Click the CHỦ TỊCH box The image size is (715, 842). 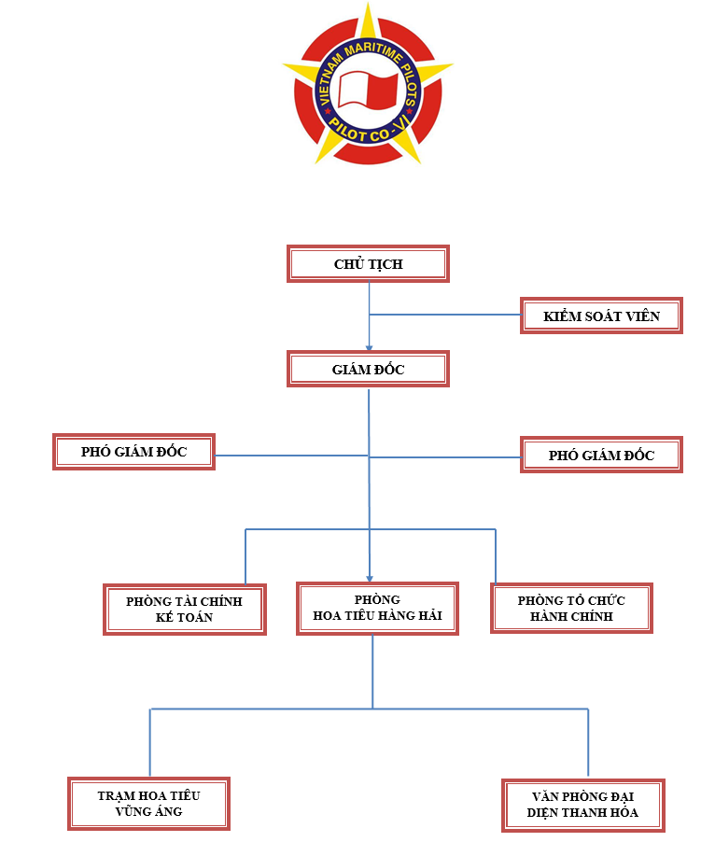coord(368,263)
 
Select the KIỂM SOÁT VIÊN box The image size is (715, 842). coord(601,316)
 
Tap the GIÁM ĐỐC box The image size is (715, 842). coord(368,369)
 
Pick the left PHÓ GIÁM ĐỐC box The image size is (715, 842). coord(133,452)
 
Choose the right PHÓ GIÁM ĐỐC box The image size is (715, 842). coord(601,455)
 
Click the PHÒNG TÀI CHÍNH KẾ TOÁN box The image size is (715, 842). coord(185,610)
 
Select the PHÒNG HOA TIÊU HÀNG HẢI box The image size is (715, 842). coord(377,609)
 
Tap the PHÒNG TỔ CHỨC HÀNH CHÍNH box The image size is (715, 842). coord(571,608)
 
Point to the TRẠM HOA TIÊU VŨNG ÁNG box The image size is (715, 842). coord(148,804)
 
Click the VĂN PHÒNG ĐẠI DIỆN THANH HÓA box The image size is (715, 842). coord(583,805)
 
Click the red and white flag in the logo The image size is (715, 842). coord(368,89)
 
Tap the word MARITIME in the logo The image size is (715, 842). coord(373,50)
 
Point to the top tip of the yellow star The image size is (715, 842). coord(368,3)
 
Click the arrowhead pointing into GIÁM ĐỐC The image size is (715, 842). coord(369,348)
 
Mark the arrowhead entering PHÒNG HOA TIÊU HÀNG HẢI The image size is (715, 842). coord(370,579)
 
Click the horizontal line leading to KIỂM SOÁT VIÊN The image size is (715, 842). coord(445,315)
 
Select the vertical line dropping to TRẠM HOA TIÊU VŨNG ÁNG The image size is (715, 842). coord(149,743)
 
